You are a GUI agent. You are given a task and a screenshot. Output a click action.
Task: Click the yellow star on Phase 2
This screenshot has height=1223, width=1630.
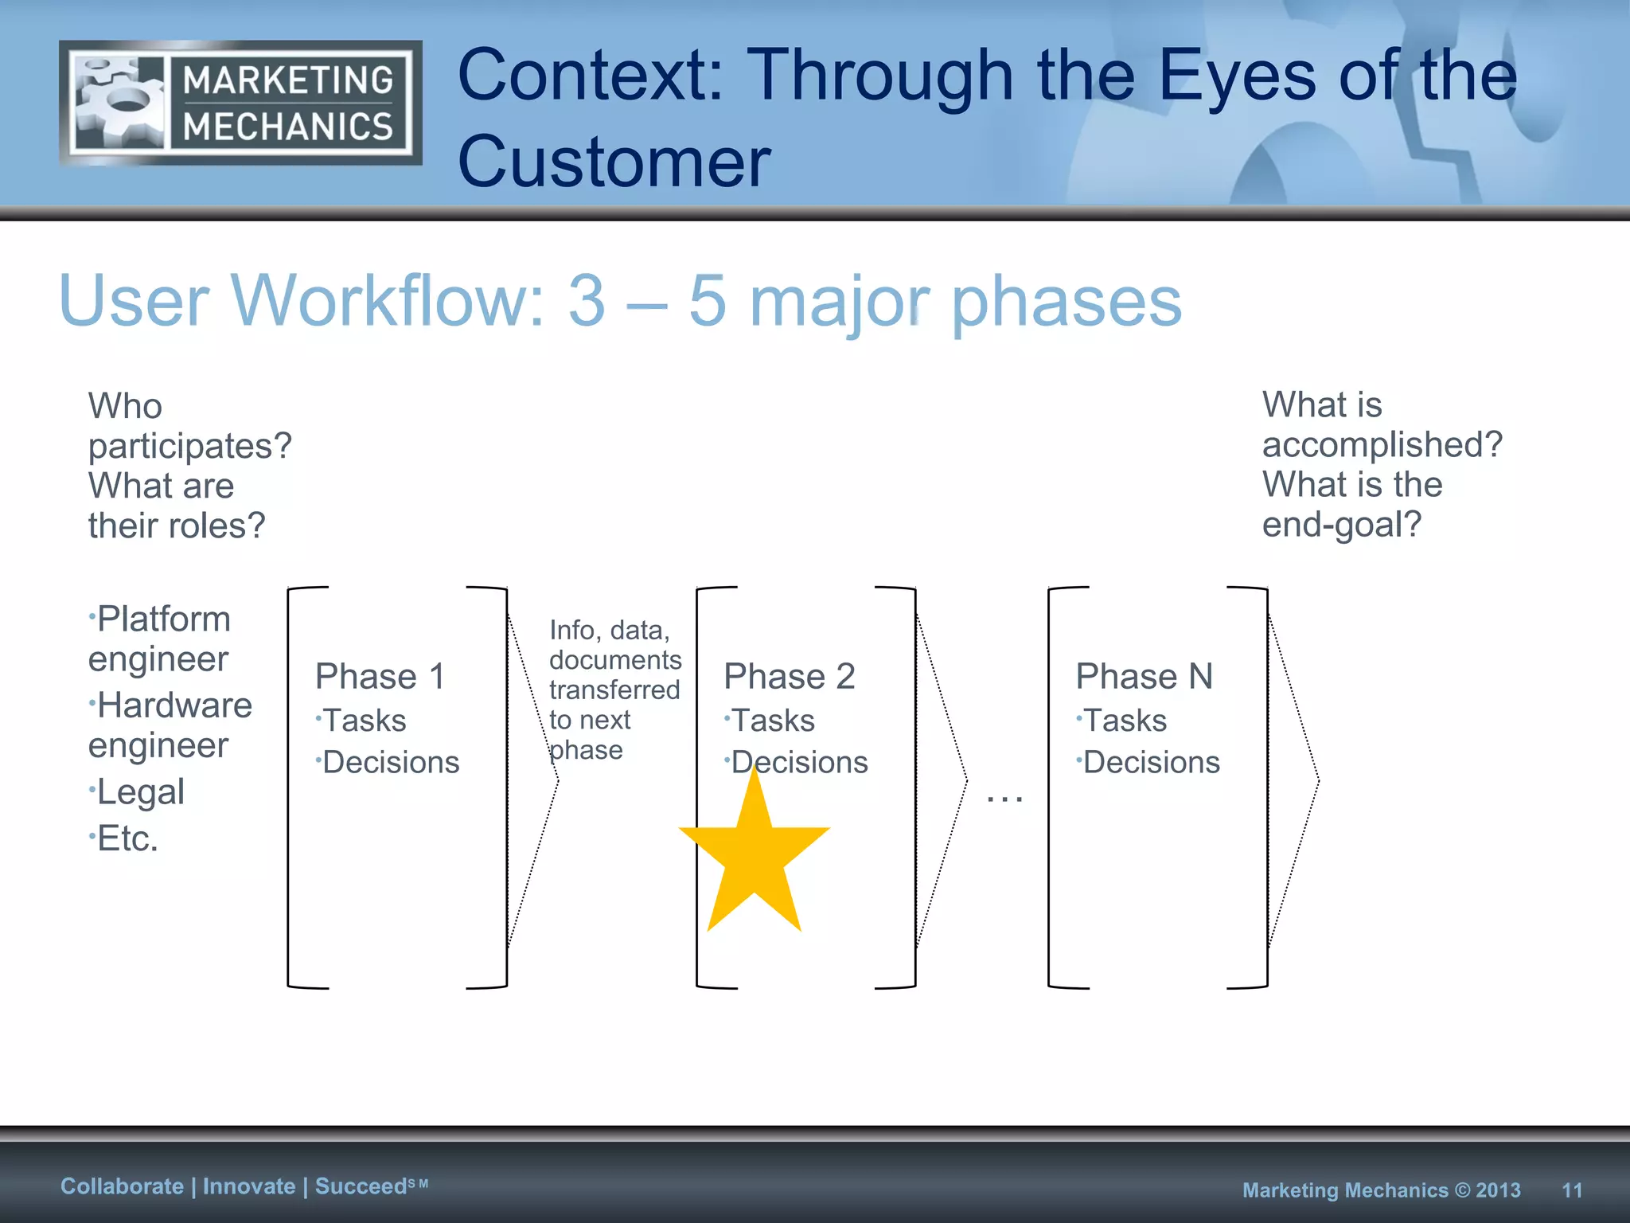pos(754,856)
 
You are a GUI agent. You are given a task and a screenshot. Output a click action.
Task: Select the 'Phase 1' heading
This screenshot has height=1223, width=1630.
pos(380,677)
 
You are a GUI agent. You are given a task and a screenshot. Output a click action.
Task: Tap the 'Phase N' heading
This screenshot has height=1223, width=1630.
pos(1144,677)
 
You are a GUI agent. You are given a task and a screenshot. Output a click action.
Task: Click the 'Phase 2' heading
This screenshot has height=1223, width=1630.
pos(789,677)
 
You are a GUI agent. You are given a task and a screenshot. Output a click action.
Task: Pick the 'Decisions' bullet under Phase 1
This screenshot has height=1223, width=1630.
pos(390,763)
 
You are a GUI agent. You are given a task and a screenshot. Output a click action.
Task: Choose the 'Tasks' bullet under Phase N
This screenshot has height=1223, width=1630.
pos(1124,721)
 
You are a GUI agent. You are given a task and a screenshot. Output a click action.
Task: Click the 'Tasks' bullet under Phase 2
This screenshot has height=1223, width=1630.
pos(772,721)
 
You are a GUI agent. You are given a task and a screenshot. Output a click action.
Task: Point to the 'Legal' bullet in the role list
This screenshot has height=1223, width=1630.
pos(140,792)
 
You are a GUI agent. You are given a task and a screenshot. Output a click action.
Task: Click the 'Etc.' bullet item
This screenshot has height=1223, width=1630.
pos(127,838)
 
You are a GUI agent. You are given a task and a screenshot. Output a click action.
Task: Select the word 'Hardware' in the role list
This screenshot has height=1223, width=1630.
pos(174,705)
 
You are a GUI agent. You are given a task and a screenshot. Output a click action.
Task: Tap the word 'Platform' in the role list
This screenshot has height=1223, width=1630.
pos(163,619)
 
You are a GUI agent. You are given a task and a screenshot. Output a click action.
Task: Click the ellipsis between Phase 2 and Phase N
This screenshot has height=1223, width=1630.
pos(1004,797)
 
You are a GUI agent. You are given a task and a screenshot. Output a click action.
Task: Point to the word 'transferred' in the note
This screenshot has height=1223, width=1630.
pos(614,690)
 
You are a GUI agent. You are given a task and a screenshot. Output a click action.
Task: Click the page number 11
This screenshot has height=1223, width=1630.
pos(1572,1190)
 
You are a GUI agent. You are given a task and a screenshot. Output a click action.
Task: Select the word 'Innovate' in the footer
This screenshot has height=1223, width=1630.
pos(249,1186)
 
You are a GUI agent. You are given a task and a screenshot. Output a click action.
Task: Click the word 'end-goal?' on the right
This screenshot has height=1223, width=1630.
pos(1341,525)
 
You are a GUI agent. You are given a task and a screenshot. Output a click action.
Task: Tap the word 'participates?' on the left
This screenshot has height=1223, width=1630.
pos(189,446)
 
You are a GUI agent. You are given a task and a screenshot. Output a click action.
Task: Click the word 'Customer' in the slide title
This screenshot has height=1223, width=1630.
pos(614,162)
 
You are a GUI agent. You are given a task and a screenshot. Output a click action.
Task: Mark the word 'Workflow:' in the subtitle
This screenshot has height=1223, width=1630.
pos(389,301)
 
